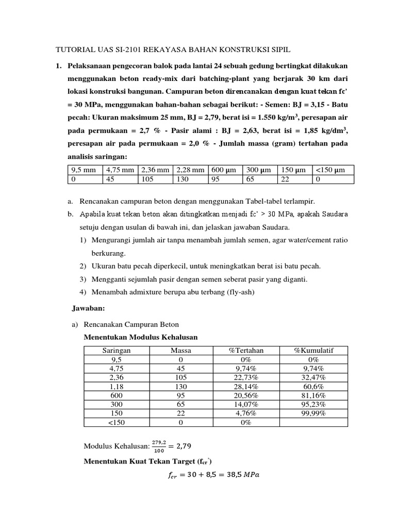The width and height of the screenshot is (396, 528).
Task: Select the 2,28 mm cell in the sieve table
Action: tap(191, 170)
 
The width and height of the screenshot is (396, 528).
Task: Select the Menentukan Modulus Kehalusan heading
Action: tap(141, 337)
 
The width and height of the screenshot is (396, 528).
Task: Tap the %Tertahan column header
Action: tap(246, 350)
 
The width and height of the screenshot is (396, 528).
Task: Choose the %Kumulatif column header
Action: tap(313, 350)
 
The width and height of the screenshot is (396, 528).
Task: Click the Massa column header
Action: tap(181, 350)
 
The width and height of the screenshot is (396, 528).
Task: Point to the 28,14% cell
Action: tap(246, 386)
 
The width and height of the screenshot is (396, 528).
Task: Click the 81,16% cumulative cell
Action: tap(313, 395)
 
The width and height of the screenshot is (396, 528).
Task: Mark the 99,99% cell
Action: tap(313, 414)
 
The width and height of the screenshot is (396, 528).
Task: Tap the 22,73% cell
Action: tap(246, 377)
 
